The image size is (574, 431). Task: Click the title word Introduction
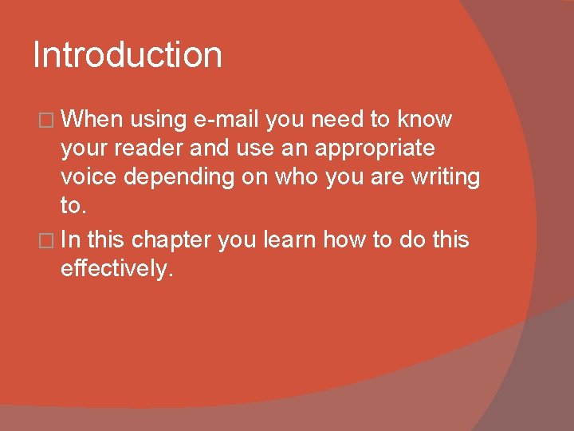[x=128, y=56]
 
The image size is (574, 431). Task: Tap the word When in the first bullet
[x=92, y=120]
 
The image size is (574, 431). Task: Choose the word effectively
[x=116, y=269]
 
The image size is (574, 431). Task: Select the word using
[x=159, y=120]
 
